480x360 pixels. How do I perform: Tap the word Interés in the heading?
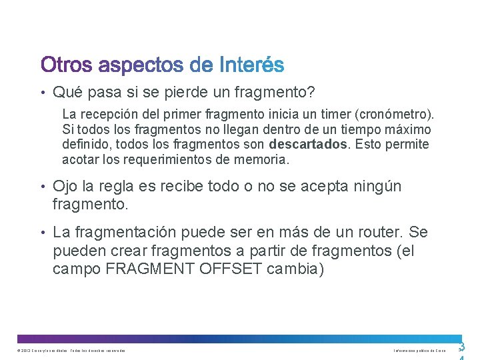click(251, 65)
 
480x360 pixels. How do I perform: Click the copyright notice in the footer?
click(71, 351)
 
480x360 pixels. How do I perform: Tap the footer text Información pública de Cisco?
click(419, 351)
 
